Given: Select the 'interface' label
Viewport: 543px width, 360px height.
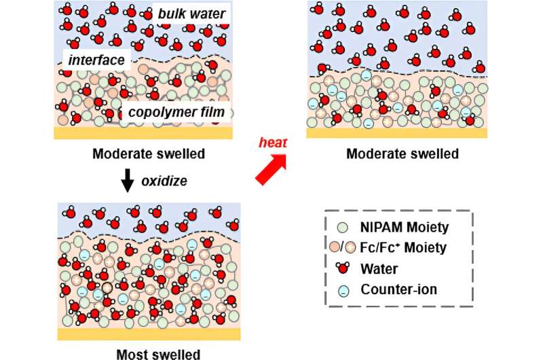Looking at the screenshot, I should coord(96,60).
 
